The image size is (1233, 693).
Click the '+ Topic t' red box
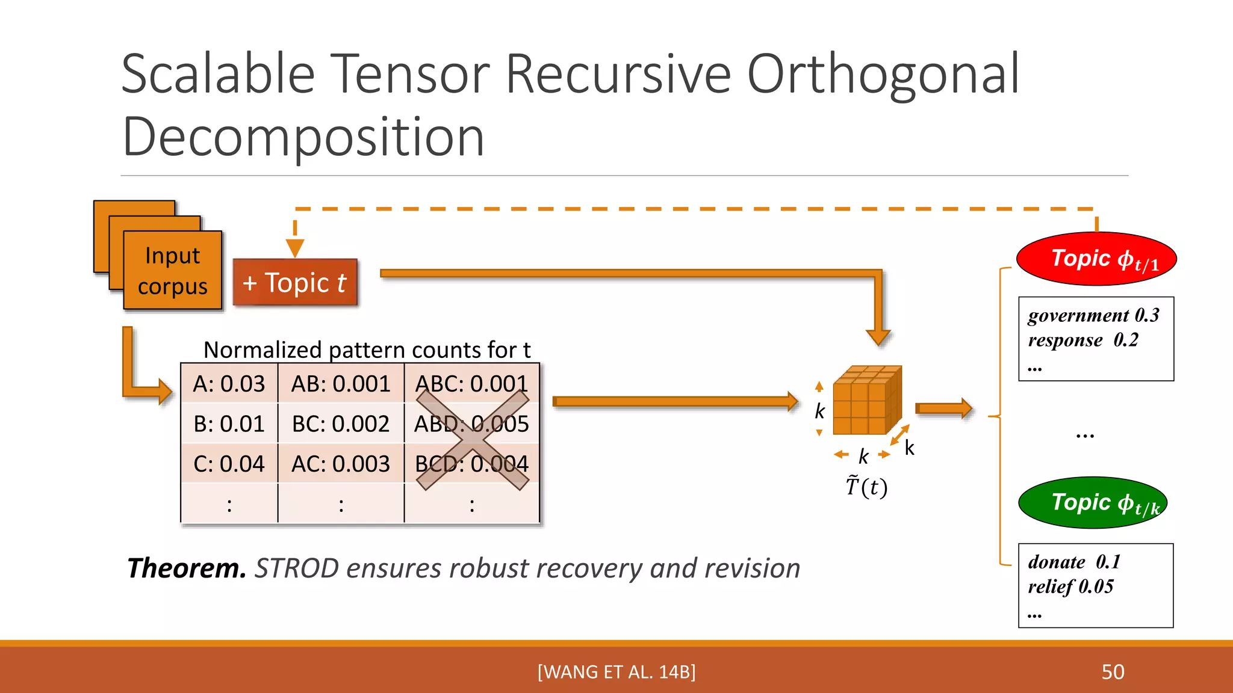295,283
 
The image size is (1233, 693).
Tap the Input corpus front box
173,271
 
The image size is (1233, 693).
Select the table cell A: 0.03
229,384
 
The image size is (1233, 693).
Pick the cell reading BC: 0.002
341,424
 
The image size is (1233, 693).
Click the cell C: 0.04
229,464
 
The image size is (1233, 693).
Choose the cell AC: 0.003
341,464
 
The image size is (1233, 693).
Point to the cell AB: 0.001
341,384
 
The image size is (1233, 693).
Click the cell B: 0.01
229,424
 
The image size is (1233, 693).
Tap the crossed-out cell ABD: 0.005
471,424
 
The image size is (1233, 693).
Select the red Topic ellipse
1096,259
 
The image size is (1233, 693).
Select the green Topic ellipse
1093,503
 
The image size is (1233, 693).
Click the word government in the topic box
1078,316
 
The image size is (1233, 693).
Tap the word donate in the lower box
1057,562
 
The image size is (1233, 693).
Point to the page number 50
1113,672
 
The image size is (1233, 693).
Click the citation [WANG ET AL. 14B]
616,672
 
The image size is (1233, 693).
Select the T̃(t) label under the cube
866,486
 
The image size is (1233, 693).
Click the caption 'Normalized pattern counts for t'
367,350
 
